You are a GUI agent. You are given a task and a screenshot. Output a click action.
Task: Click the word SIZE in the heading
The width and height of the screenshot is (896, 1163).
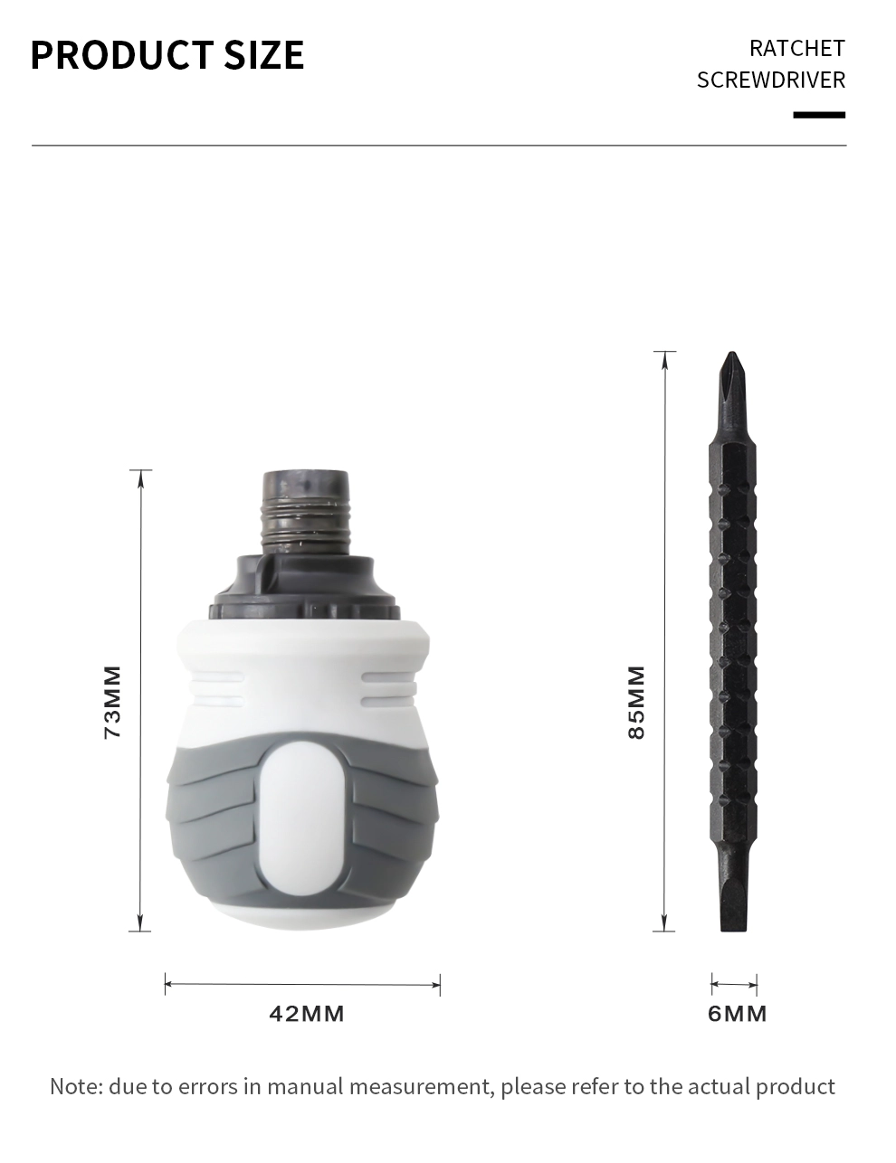(264, 54)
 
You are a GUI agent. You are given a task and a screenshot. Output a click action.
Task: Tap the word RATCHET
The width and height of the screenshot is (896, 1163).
(797, 49)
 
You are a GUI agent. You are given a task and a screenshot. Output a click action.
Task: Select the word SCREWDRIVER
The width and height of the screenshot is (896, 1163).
(771, 80)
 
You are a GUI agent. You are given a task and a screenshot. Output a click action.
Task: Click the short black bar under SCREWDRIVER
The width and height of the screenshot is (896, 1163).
(819, 115)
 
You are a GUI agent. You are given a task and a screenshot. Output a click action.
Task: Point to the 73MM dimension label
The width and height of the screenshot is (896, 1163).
(112, 702)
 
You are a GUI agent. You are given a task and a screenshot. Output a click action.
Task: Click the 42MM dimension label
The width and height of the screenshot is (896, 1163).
(306, 1014)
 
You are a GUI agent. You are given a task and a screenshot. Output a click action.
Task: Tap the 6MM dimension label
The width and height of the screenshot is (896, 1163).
(737, 1014)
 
